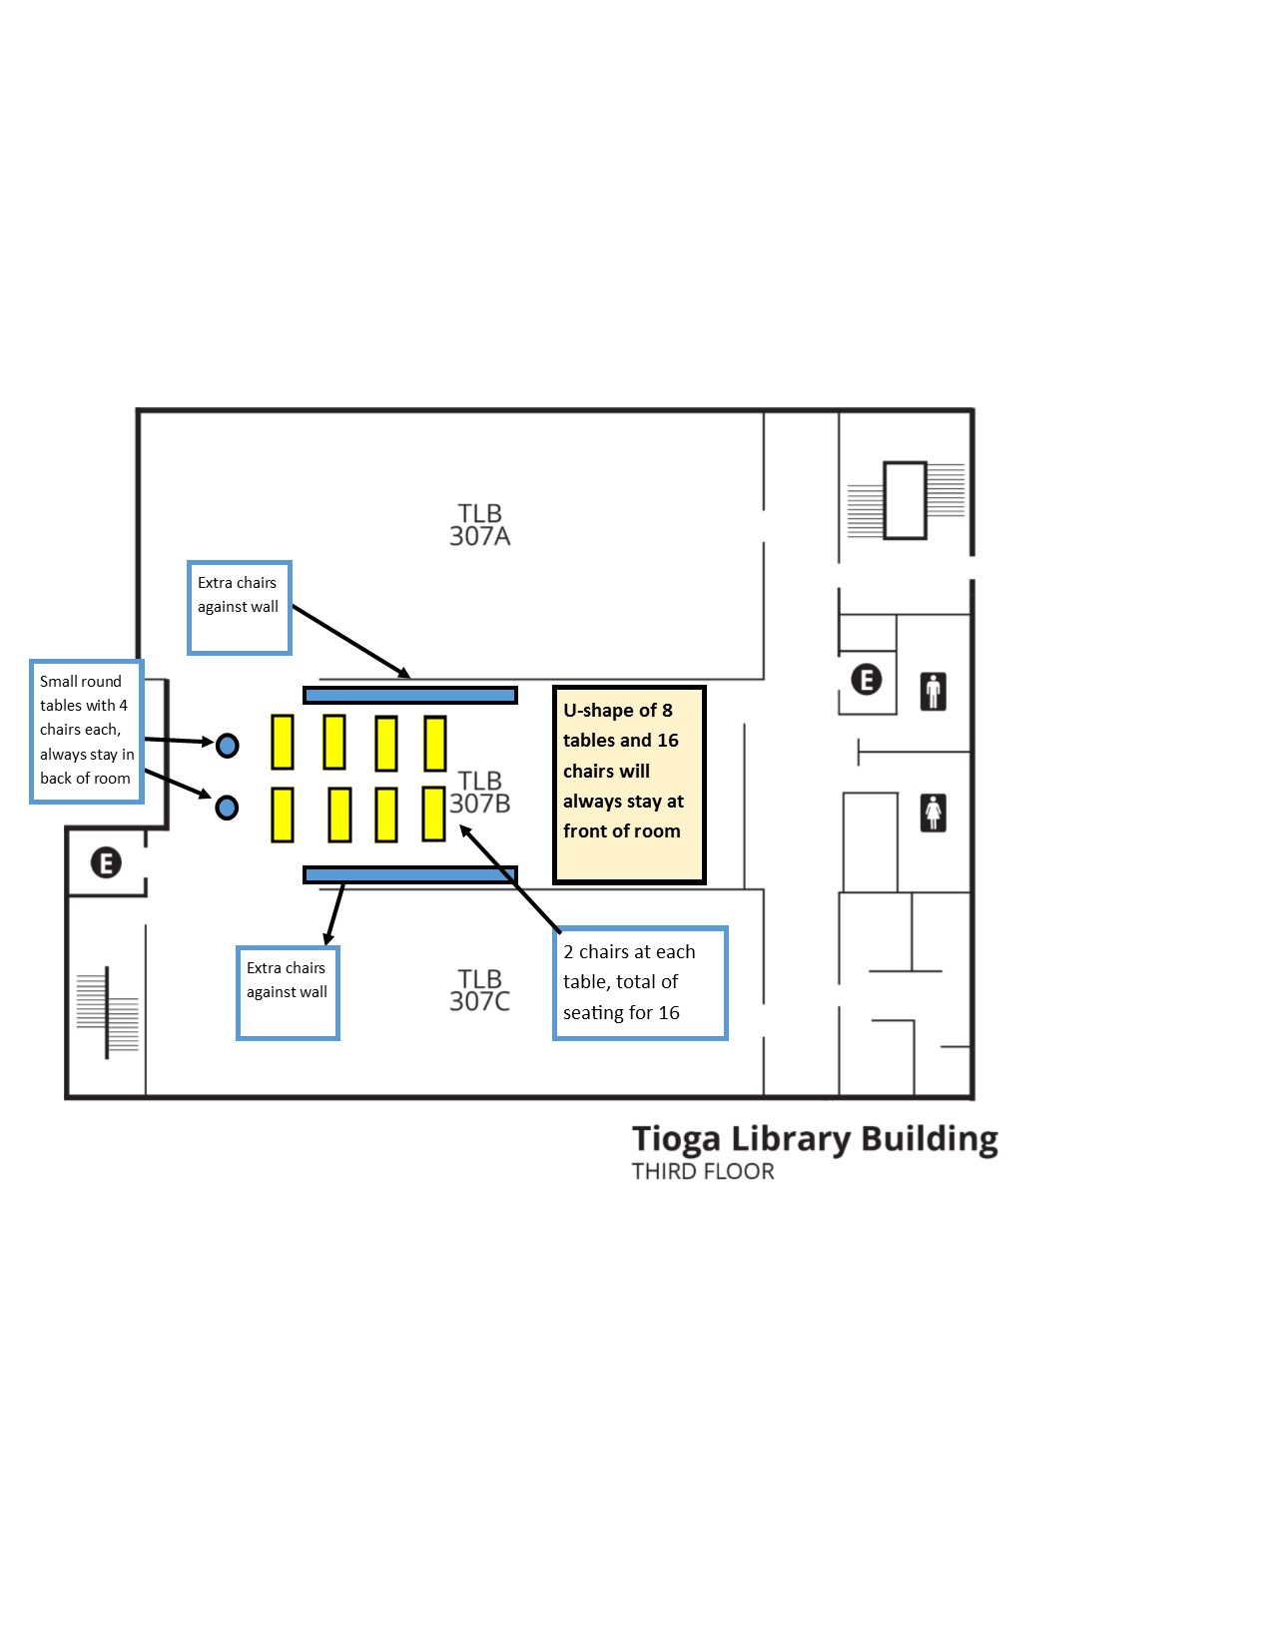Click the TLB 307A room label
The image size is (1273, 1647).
point(479,524)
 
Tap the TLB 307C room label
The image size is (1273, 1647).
point(479,990)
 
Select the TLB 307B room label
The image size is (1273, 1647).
point(480,792)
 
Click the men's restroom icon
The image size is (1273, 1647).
point(934,691)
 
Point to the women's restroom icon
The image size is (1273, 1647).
point(934,813)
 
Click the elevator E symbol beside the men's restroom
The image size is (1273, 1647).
point(867,679)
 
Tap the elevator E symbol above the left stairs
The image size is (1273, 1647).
point(106,862)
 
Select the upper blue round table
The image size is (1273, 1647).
point(228,746)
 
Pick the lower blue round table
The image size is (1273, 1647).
point(227,808)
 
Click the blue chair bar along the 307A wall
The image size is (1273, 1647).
point(410,695)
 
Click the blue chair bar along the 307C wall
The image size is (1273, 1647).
point(410,874)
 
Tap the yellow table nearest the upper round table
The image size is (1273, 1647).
point(283,742)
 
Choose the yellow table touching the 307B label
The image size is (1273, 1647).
point(433,814)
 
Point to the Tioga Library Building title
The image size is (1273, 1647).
point(815,1140)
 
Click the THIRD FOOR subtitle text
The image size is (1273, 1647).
point(703,1172)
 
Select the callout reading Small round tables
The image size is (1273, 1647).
point(87,732)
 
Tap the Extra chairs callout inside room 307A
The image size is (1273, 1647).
point(240,608)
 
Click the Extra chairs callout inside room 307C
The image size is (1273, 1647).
point(289,993)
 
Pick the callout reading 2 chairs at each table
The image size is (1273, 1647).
point(641,983)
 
